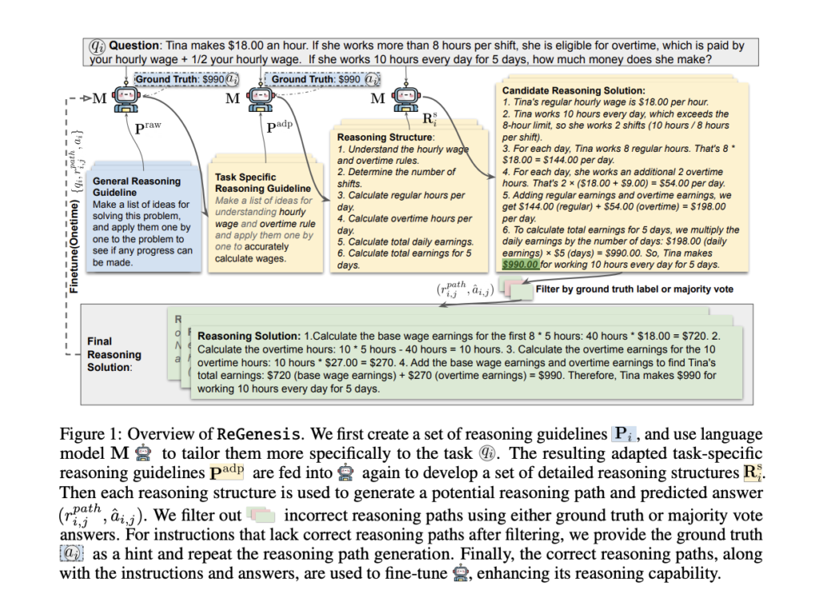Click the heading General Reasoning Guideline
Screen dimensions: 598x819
point(137,187)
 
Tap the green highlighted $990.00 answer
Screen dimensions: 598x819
point(520,265)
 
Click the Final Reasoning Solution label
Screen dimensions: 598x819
point(114,354)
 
